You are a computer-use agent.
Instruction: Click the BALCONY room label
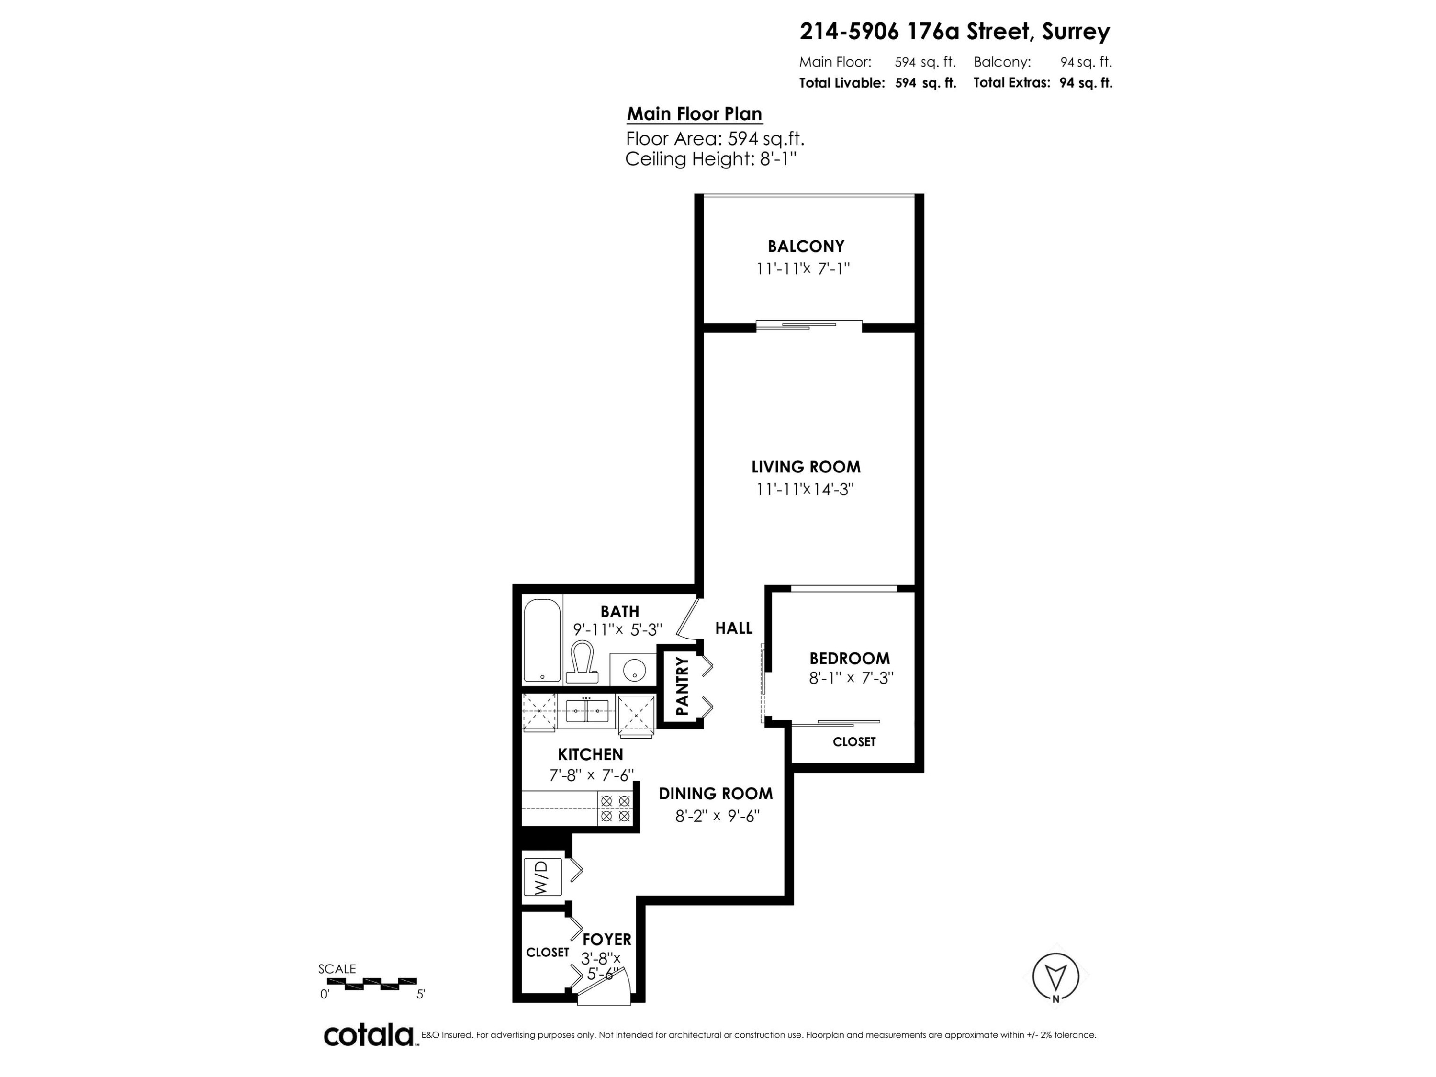(x=806, y=247)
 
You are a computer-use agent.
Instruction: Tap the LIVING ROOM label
(x=806, y=467)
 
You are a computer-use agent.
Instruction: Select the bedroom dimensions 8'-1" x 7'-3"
(x=851, y=678)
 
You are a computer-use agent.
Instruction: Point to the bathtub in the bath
(x=542, y=640)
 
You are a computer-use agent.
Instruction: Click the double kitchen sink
(x=587, y=711)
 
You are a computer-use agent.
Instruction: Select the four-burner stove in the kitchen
(x=615, y=808)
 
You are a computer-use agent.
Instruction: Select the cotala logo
(x=369, y=1035)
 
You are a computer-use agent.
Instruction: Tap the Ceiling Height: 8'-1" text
(x=710, y=159)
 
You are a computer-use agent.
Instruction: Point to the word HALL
(x=734, y=628)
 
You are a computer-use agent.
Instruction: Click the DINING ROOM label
(x=716, y=793)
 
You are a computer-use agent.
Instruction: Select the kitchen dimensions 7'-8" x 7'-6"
(x=591, y=775)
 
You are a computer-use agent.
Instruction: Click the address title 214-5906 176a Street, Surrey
(x=954, y=31)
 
